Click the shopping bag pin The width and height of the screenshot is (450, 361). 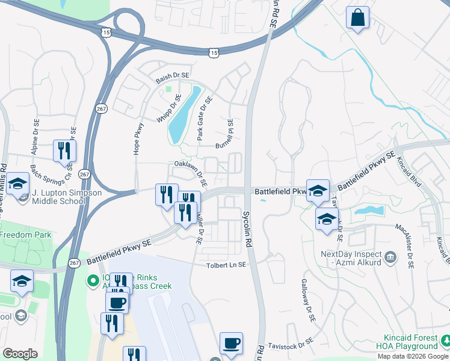357,18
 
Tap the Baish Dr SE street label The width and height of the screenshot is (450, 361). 173,78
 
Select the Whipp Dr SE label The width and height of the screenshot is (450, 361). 169,109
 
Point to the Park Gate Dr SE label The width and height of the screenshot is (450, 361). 205,119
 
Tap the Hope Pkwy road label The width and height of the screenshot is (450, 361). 139,138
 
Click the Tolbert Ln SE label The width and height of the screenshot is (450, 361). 226,265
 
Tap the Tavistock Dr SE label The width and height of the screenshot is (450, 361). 292,341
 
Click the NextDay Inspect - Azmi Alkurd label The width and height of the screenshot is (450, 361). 351,259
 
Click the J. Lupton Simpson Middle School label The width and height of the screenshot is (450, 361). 58,196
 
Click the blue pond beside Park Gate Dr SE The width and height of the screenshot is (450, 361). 183,118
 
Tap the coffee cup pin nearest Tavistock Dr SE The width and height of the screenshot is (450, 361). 231,344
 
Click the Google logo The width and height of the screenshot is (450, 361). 20,354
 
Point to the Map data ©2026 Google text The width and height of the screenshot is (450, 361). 413,356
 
